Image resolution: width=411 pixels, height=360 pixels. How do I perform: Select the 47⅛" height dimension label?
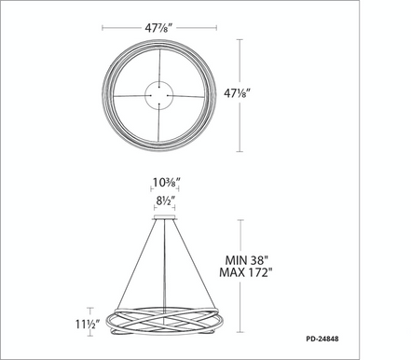[x=238, y=93]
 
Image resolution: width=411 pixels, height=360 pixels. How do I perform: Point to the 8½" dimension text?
[x=166, y=201]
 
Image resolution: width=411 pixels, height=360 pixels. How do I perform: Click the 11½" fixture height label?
[x=88, y=325]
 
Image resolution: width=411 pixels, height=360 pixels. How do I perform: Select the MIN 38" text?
[x=246, y=260]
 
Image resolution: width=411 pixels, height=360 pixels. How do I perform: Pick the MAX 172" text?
[x=246, y=272]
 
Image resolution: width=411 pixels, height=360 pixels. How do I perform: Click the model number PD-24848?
[x=322, y=339]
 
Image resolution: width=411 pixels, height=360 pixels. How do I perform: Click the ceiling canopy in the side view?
[x=165, y=217]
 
